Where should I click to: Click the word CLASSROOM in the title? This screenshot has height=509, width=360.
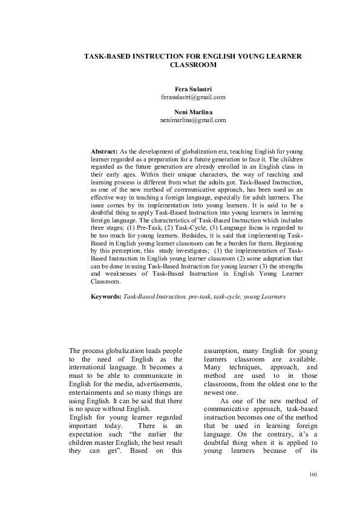tap(192, 64)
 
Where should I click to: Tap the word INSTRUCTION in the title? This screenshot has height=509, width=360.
tap(152, 55)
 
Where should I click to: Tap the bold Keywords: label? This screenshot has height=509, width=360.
tap(106, 297)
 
